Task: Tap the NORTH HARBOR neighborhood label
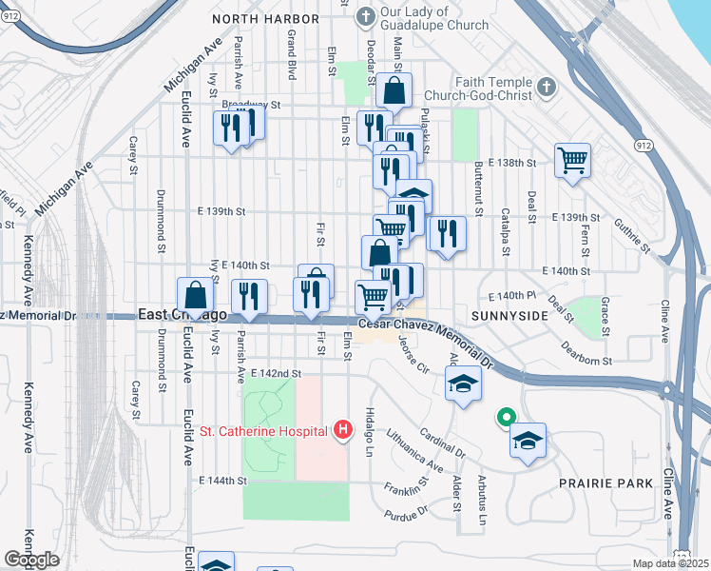[264, 19]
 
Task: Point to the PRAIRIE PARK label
[605, 483]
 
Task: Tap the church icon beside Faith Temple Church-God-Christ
[546, 89]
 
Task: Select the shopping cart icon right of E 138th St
[572, 160]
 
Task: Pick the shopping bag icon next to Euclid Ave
[195, 294]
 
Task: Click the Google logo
[31, 560]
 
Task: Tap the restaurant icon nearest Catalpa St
[446, 234]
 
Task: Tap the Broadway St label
[252, 105]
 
